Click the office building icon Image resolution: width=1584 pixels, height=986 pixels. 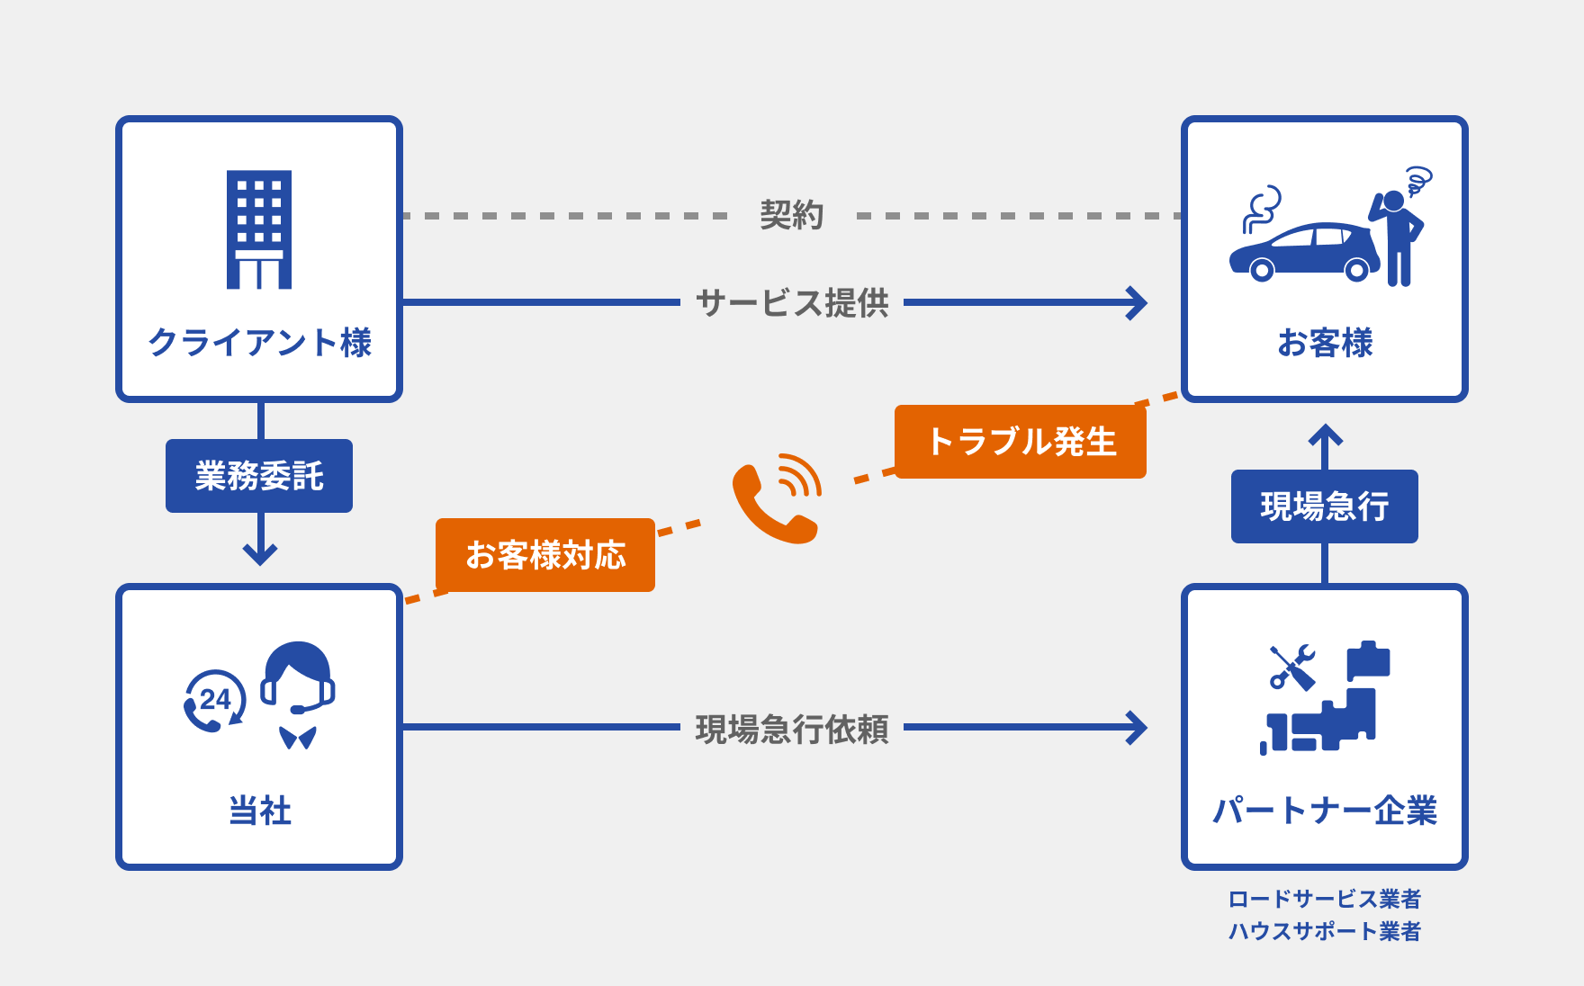tap(259, 229)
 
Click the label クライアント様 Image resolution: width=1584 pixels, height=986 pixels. tap(259, 343)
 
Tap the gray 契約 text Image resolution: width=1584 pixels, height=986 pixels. tap(791, 215)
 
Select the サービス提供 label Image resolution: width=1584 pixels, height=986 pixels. tap(791, 303)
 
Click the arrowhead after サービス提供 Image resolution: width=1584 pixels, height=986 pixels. tap(1137, 303)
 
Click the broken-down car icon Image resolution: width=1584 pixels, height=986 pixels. tap(1303, 252)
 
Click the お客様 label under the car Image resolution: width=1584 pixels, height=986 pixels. tap(1325, 343)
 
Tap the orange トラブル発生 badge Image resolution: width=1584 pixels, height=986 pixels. tap(1020, 442)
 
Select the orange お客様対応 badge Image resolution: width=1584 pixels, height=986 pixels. tap(545, 555)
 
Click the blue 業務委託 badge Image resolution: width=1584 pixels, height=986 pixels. tap(259, 476)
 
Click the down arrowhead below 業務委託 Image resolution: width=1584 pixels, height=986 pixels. tap(260, 553)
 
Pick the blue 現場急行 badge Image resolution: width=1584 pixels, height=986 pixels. tap(1325, 506)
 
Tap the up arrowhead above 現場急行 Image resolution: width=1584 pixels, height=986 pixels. tap(1325, 435)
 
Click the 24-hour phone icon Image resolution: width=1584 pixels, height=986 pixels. tap(214, 701)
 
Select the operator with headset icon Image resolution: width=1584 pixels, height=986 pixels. tap(298, 694)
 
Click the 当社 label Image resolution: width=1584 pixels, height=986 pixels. tap(259, 811)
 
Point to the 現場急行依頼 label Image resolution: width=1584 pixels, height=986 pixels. tap(791, 729)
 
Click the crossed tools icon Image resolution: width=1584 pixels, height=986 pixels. tap(1291, 667)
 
